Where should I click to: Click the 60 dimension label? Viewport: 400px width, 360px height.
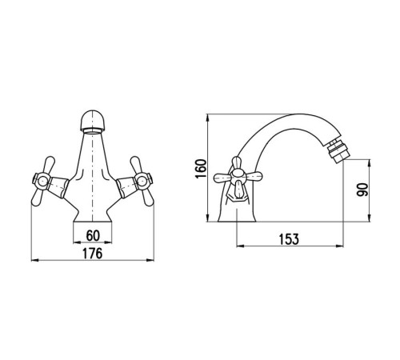[93, 235]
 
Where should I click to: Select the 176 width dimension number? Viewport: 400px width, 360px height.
[92, 254]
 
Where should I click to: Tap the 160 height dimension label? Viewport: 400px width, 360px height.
[201, 169]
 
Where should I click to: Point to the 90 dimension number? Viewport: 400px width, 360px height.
[362, 190]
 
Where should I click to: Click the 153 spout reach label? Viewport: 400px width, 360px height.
[289, 239]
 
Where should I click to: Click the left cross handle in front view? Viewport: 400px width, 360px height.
[42, 182]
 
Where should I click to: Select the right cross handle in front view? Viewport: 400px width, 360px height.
[142, 182]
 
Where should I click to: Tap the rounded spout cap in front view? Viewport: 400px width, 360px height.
[92, 121]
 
